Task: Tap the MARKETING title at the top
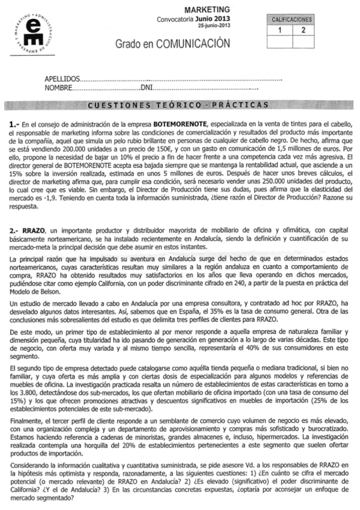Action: [206, 10]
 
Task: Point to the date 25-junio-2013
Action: [215, 27]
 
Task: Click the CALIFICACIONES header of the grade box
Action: [292, 19]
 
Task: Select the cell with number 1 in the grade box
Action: [279, 29]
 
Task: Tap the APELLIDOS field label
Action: [62, 79]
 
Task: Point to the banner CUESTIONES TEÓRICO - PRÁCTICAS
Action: [177, 106]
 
